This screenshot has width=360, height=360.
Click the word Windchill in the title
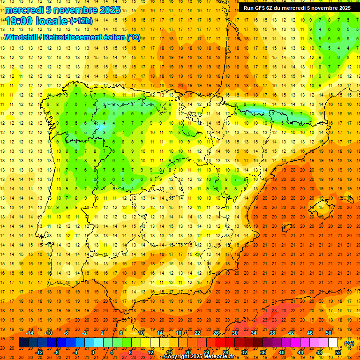coord(20,37)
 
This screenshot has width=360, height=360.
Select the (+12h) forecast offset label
coord(82,21)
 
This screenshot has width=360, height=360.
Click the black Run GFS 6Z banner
coord(297,8)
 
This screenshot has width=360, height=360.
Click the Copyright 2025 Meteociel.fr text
coord(199,357)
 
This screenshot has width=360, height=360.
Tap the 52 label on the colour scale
coord(338,352)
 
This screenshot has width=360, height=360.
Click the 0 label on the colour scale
coord(93,352)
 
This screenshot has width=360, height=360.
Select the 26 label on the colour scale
coord(216,333)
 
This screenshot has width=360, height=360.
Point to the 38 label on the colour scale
coord(272,333)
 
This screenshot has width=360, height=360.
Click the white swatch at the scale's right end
coord(333,343)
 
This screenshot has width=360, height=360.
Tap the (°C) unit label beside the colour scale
coord(349,343)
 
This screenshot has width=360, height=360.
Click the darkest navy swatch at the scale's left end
coord(23,343)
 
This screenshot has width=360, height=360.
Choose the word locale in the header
coord(52,22)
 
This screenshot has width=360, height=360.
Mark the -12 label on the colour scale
coord(39,352)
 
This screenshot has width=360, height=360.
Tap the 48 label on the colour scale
coord(319,352)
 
